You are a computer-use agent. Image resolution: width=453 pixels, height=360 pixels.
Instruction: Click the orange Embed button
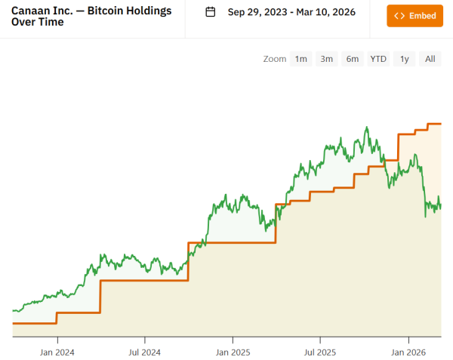click(414, 15)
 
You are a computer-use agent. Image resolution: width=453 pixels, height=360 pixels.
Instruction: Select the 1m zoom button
click(300, 59)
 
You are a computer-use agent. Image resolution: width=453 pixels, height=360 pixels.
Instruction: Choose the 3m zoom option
click(326, 59)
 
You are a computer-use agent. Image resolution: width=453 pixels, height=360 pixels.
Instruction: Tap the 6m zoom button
click(352, 59)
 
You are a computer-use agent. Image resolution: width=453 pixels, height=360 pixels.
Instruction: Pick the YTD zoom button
click(377, 59)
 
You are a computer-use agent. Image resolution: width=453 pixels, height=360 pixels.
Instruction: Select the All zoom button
click(430, 59)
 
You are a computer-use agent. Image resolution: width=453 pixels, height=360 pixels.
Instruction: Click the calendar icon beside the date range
click(211, 12)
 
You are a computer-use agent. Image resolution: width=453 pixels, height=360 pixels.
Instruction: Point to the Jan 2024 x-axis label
click(57, 352)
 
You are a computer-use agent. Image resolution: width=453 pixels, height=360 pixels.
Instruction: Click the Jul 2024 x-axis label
click(144, 352)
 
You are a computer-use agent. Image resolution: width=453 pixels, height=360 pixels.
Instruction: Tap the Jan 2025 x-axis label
click(233, 352)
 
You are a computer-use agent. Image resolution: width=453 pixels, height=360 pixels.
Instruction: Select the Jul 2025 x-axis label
click(319, 352)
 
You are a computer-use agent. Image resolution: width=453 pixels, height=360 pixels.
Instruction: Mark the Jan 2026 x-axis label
click(408, 352)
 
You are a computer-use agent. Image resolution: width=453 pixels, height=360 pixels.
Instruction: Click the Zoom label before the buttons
click(275, 59)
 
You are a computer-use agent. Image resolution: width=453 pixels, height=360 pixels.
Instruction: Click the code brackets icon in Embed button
click(399, 15)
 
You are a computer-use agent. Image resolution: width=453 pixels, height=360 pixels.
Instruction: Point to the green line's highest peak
click(366, 128)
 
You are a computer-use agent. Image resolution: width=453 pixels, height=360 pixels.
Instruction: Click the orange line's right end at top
click(440, 124)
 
